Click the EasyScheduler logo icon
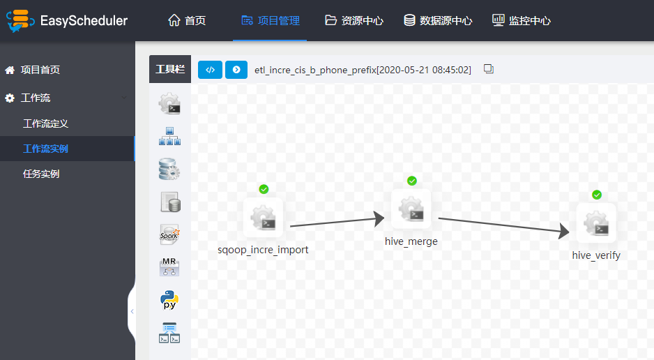[x=20, y=20]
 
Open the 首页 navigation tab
[x=187, y=20]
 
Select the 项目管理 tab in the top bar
[x=271, y=20]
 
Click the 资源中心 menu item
[x=354, y=20]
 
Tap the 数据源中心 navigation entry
[x=438, y=20]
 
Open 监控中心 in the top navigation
[x=522, y=20]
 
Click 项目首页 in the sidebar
[x=32, y=70]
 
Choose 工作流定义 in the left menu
[x=45, y=123]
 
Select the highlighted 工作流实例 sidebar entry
[x=45, y=149]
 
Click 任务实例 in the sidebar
[x=41, y=174]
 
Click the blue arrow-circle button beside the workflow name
[x=236, y=70]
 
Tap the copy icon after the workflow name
[x=489, y=69]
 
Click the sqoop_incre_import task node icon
[x=263, y=218]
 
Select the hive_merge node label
[x=411, y=241]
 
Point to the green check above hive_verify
[x=597, y=195]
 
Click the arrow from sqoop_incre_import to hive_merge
[x=337, y=223]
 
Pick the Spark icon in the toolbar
[x=169, y=234]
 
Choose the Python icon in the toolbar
[x=169, y=300]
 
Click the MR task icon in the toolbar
[x=169, y=267]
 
